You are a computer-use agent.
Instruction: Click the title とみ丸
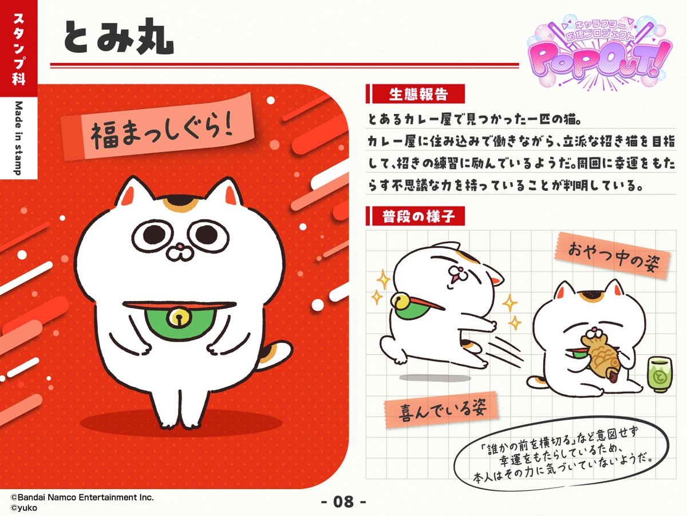pyautogui.click(x=118, y=38)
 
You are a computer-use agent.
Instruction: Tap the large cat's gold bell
pyautogui.click(x=179, y=317)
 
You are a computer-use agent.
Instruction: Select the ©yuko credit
pyautogui.click(x=22, y=507)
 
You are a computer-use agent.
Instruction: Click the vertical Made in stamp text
pyautogui.click(x=18, y=138)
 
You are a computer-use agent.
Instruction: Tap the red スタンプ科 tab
pyautogui.click(x=18, y=49)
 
